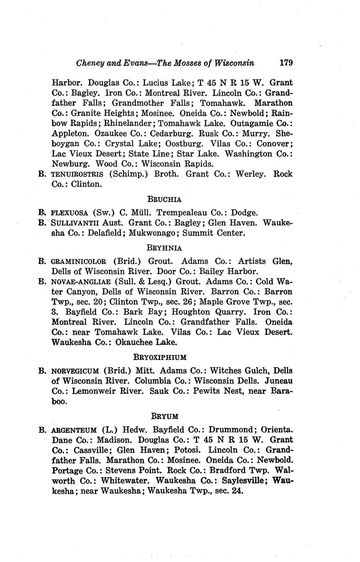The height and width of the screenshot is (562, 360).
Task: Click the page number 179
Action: click(x=286, y=63)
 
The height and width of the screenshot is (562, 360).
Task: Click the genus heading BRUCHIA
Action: click(x=164, y=200)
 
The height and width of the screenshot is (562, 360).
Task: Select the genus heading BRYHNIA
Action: click(x=164, y=248)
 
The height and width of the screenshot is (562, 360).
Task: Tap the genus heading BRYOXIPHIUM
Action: click(x=160, y=357)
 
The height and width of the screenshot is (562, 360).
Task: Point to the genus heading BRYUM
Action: click(x=164, y=416)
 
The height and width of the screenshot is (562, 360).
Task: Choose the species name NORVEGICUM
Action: click(x=75, y=371)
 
